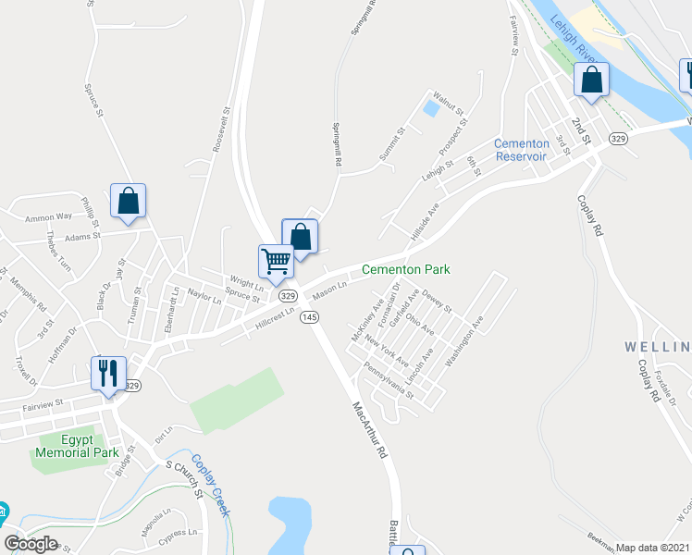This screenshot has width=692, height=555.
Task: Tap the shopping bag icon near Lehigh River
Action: (591, 80)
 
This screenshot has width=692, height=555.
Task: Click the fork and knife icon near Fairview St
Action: (108, 373)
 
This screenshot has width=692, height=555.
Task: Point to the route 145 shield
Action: (309, 316)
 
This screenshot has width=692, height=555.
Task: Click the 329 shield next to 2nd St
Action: (619, 139)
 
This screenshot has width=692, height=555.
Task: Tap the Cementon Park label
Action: (405, 269)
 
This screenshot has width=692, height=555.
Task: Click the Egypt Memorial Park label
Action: (78, 447)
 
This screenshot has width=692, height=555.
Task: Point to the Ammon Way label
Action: (48, 217)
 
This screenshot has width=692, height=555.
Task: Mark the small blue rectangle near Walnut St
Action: (431, 108)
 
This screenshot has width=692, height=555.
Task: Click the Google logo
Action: (31, 543)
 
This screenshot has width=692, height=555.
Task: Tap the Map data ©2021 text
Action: (653, 548)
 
